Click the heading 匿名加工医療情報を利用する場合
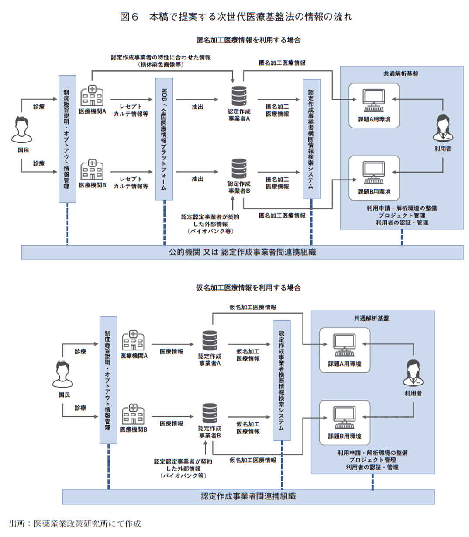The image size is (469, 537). (248, 40)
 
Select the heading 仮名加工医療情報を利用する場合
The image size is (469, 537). (248, 288)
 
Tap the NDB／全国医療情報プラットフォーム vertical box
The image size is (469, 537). (164, 139)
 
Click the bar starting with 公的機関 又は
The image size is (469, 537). (242, 252)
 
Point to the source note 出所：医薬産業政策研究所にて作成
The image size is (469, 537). (75, 523)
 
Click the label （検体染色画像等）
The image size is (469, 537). (161, 65)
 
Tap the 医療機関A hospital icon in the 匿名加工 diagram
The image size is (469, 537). (92, 96)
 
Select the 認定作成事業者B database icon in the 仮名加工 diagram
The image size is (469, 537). (210, 413)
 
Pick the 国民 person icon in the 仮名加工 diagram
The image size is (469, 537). (63, 375)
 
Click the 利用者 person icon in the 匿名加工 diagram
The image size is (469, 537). (442, 128)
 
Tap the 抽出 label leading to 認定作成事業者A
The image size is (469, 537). (197, 107)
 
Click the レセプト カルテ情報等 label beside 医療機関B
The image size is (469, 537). (131, 183)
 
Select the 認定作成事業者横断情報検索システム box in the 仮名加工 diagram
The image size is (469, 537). (282, 380)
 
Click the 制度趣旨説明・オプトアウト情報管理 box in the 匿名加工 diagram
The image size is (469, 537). (67, 139)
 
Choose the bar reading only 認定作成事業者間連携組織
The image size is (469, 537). (248, 496)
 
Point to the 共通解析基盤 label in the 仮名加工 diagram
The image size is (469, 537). (371, 319)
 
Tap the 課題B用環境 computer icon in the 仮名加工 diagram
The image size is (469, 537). (345, 418)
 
